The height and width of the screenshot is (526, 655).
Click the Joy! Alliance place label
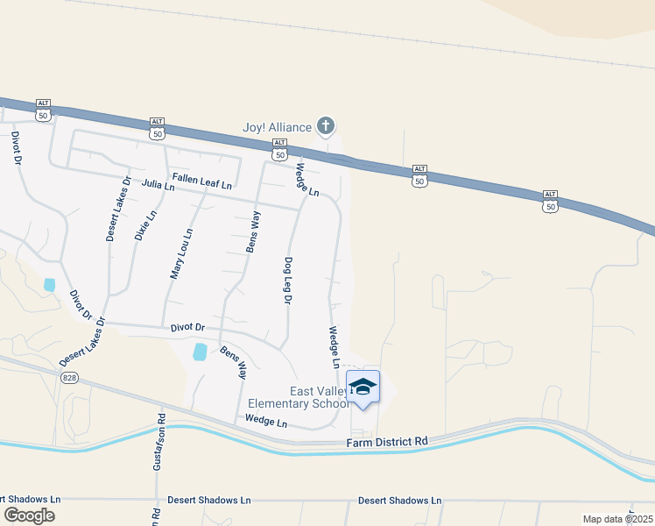point(277,127)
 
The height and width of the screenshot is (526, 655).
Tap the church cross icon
point(326,127)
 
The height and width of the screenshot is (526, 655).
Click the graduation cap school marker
point(363,387)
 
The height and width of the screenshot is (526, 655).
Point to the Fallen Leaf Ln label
point(202,181)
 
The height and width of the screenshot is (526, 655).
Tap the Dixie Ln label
point(145,225)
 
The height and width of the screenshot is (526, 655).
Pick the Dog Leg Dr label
point(287,280)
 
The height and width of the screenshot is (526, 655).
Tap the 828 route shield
point(70,377)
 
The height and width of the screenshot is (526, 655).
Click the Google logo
point(29,515)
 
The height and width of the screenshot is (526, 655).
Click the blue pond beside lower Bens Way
point(201,352)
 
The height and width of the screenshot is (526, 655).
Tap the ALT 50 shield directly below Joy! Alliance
point(279,148)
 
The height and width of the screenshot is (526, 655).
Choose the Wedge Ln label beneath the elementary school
point(266,422)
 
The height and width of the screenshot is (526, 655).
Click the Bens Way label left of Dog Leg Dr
point(252,231)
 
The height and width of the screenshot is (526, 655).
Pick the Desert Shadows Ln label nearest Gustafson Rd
point(209,500)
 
